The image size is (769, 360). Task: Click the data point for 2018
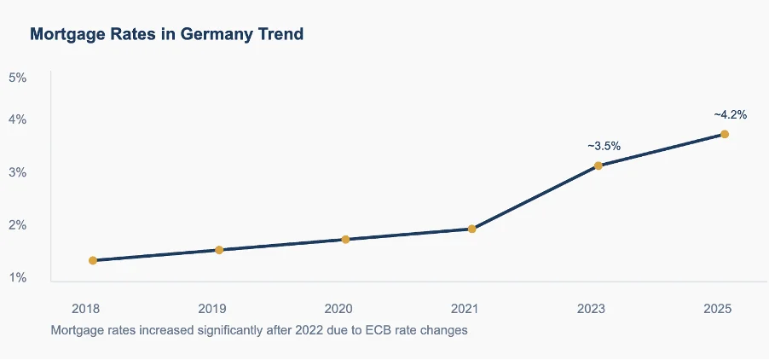click(x=93, y=260)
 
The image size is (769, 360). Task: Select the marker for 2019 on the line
click(x=219, y=250)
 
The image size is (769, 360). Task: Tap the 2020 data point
click(x=345, y=240)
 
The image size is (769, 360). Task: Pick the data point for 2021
click(x=471, y=229)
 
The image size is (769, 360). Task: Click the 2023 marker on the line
click(x=598, y=165)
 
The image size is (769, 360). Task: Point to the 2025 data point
click(x=725, y=135)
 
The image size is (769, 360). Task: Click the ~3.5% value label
click(x=604, y=146)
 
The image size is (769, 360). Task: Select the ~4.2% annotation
click(x=731, y=115)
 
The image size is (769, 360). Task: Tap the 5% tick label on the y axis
click(x=18, y=78)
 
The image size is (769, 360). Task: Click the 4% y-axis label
click(x=18, y=119)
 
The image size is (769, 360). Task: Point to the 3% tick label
click(x=18, y=172)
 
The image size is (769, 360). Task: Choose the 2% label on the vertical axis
click(x=18, y=225)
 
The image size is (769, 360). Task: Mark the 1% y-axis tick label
click(x=18, y=278)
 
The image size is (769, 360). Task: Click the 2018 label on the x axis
click(x=86, y=309)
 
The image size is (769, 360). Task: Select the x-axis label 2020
click(x=338, y=309)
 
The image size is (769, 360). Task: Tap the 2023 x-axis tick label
click(x=592, y=309)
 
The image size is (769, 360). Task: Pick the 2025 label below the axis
click(x=718, y=309)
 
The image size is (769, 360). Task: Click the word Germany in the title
click(x=212, y=35)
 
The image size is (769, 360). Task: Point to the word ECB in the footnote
click(x=377, y=330)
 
